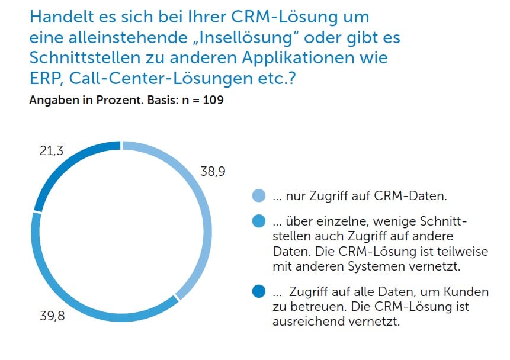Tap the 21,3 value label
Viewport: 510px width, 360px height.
[52, 152]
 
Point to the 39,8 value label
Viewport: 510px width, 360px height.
[53, 315]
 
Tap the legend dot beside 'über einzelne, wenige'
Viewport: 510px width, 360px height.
[259, 222]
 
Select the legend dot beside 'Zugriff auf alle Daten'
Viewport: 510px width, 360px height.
[259, 292]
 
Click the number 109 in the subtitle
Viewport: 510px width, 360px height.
[213, 100]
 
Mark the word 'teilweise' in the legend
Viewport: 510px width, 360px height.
[464, 251]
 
